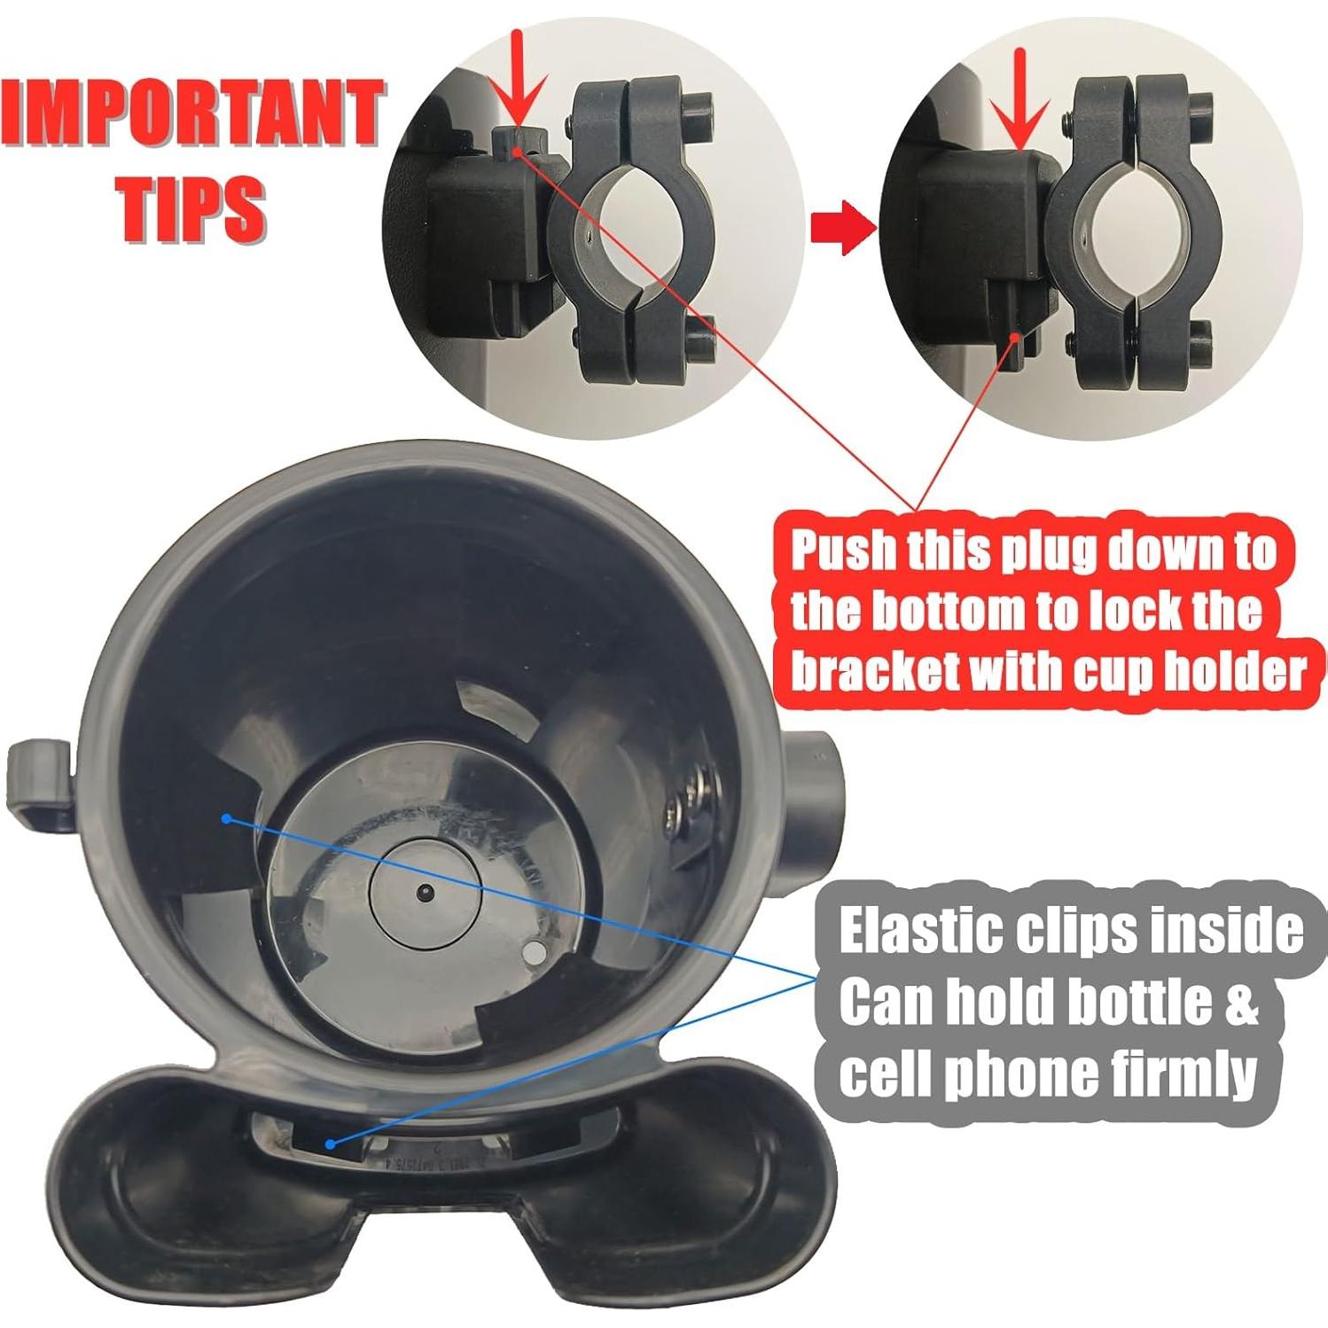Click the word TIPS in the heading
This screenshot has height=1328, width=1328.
coord(193,208)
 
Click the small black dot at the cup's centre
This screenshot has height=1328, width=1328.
coord(424,891)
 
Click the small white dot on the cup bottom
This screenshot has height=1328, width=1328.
coord(533,954)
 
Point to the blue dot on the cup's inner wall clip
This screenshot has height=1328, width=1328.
coord(228,818)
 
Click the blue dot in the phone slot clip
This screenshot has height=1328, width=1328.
coord(330,1144)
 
